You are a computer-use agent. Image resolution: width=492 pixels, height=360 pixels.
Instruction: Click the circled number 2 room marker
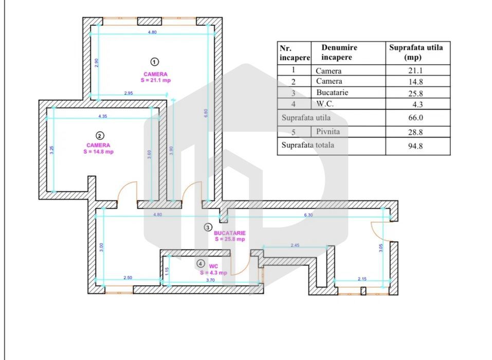point(100,136)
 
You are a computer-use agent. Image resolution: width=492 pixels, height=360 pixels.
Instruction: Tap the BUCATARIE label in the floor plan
point(230,233)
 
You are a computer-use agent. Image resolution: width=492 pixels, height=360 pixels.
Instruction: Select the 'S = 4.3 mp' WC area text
point(213,273)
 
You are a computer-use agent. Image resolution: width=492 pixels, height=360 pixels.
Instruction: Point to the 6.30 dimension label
point(308,215)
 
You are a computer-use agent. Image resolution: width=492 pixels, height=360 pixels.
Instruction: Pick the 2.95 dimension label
point(129,93)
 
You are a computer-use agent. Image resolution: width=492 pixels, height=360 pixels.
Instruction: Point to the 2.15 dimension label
point(361,279)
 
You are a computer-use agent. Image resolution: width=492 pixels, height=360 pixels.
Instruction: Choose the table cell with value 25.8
point(417,93)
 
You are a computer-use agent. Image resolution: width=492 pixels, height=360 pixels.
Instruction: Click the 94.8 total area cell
point(417,146)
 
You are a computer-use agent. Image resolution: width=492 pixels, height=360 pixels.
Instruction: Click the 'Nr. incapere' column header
point(295,52)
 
